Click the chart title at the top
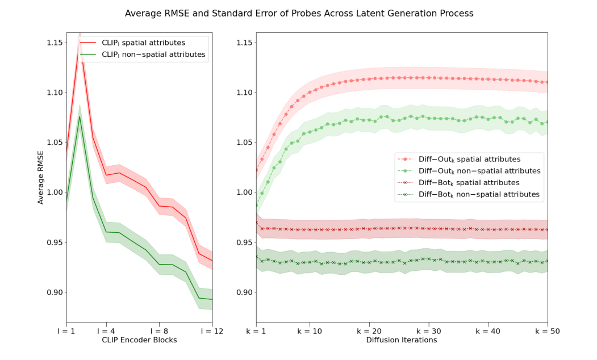click(299, 13)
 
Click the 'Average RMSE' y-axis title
click(41, 177)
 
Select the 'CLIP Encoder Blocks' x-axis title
click(139, 340)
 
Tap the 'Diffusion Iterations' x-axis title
click(402, 340)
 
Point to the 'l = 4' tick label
click(106, 330)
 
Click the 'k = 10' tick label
click(309, 330)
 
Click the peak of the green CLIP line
click(80, 116)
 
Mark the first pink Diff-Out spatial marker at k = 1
click(256, 170)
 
